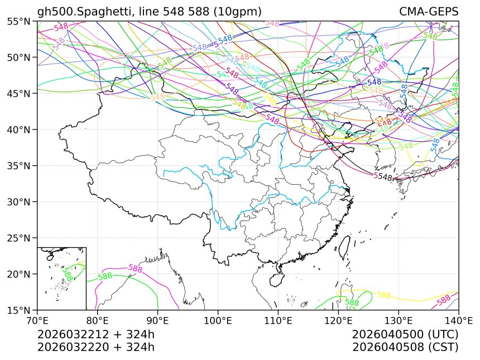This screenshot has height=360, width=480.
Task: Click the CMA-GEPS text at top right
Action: (x=429, y=12)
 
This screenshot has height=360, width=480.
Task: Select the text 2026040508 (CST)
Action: (x=405, y=347)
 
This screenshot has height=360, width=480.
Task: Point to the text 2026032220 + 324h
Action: (x=95, y=347)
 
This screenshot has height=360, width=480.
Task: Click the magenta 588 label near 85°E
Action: (x=136, y=268)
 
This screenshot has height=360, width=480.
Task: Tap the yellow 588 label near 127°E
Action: (x=383, y=295)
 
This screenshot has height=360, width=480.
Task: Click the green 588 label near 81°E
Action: (x=105, y=276)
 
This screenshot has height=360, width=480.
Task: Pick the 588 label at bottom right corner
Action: (x=443, y=300)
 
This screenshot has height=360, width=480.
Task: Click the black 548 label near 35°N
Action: (x=385, y=177)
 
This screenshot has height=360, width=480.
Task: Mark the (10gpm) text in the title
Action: (x=236, y=12)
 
